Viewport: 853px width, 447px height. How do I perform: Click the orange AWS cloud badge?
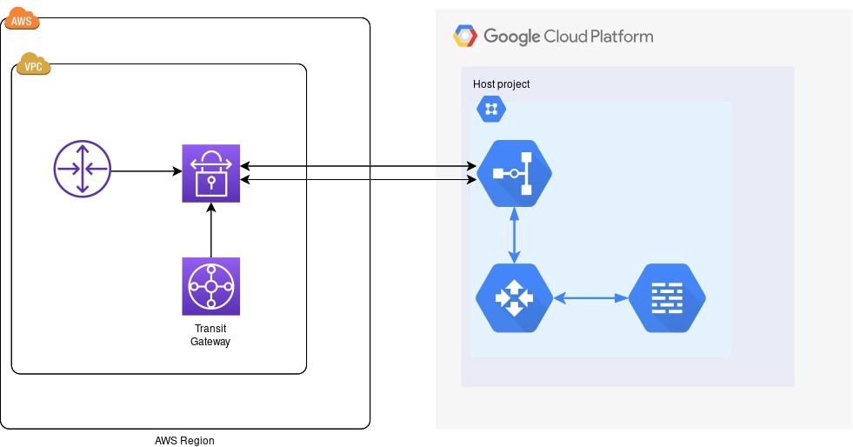[23, 20]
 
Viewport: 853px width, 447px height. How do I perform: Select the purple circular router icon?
[82, 169]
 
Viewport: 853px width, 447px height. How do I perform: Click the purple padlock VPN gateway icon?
[210, 174]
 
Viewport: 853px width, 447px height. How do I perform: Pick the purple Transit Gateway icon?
[210, 285]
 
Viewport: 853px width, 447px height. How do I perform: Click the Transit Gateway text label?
[210, 336]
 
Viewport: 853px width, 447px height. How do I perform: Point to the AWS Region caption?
[183, 440]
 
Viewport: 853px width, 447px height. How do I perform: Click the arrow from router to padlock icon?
[146, 170]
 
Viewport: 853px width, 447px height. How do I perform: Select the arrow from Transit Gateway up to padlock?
[211, 230]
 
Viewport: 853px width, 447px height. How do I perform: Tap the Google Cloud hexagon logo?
[465, 37]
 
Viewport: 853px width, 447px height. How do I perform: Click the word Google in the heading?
[511, 37]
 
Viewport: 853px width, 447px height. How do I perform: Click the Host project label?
[501, 84]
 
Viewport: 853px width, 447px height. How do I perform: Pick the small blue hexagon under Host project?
[490, 110]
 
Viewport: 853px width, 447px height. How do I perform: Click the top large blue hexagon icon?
[515, 173]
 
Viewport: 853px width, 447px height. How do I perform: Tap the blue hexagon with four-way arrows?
[515, 298]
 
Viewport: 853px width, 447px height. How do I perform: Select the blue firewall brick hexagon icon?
[667, 298]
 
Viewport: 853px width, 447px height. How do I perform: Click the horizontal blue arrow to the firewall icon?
[591, 298]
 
